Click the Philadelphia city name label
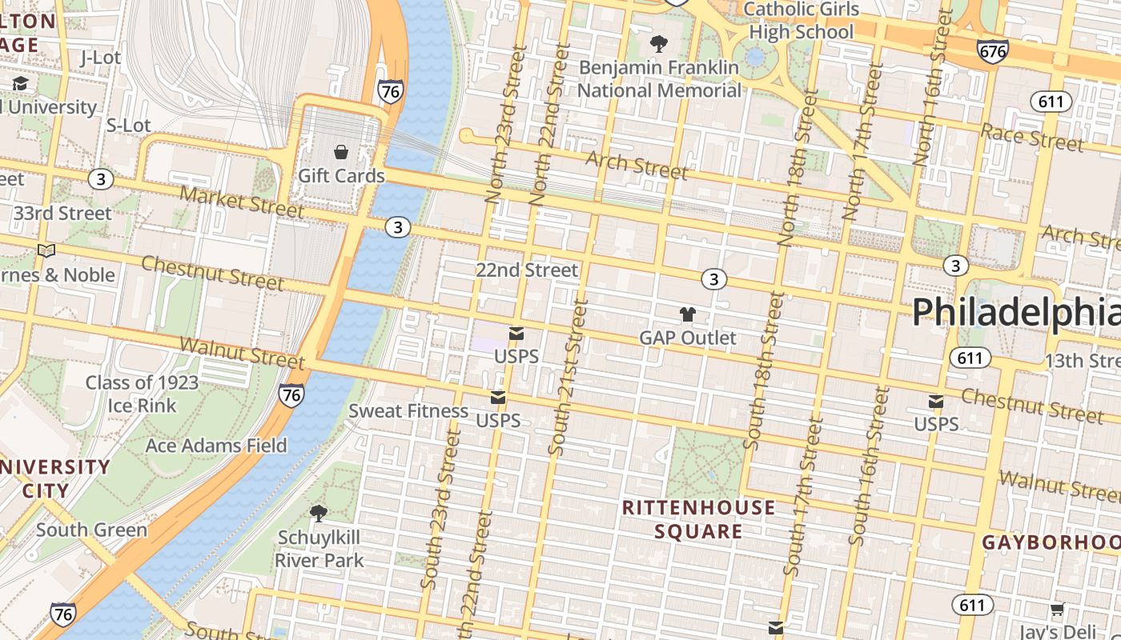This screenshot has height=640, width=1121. click(1015, 312)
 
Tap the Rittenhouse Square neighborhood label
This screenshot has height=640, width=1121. click(698, 519)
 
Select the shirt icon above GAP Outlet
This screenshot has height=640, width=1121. click(687, 314)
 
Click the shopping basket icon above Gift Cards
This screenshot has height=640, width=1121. click(341, 152)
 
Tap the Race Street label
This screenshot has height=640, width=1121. click(1032, 138)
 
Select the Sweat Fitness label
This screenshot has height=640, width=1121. click(408, 411)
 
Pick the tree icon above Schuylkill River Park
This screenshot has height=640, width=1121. click(318, 513)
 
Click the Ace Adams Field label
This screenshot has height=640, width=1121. click(216, 446)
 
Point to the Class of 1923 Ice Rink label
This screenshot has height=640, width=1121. click(142, 394)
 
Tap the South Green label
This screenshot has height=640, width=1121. click(91, 530)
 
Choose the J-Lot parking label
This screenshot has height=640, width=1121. click(101, 58)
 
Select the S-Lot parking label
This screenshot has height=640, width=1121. click(128, 126)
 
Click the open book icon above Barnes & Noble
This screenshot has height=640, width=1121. click(47, 251)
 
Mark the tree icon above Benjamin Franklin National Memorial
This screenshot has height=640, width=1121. click(658, 43)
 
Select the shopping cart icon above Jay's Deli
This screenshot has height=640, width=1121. click(1057, 610)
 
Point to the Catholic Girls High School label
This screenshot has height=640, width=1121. click(802, 21)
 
